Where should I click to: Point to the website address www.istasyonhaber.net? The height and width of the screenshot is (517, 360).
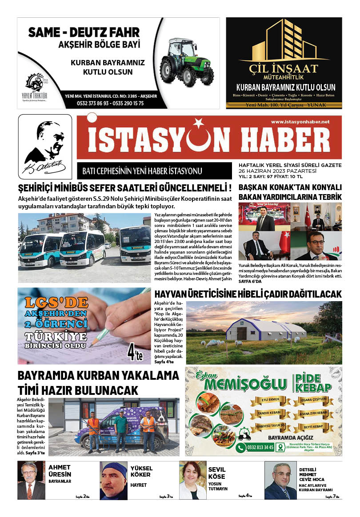pyautogui.click(x=300, y=122)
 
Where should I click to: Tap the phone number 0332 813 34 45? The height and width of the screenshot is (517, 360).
pyautogui.click(x=260, y=447)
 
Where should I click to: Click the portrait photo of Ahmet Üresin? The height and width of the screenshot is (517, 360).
pyautogui.click(x=31, y=480)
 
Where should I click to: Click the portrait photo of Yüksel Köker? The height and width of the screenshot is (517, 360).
pyautogui.click(x=113, y=480)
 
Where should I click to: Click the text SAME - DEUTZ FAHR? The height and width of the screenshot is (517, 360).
pyautogui.click(x=84, y=32)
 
